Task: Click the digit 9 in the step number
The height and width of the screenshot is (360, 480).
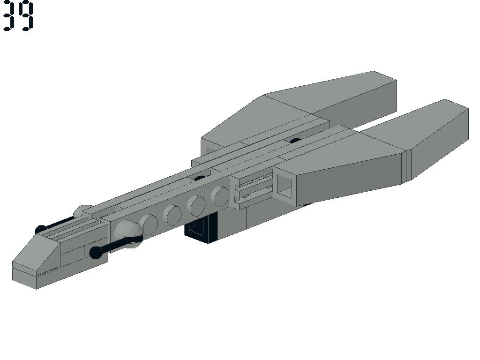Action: click(25, 16)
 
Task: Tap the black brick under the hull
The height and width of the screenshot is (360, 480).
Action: click(201, 229)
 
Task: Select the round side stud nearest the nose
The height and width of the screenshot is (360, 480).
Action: click(149, 225)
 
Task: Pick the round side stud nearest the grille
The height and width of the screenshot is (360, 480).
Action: click(220, 196)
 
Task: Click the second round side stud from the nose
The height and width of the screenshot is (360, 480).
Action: click(172, 215)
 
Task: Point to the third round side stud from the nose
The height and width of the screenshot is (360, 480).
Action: click(196, 205)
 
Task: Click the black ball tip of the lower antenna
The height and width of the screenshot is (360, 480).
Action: click(96, 253)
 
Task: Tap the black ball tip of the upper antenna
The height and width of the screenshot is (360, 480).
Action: click(40, 230)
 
